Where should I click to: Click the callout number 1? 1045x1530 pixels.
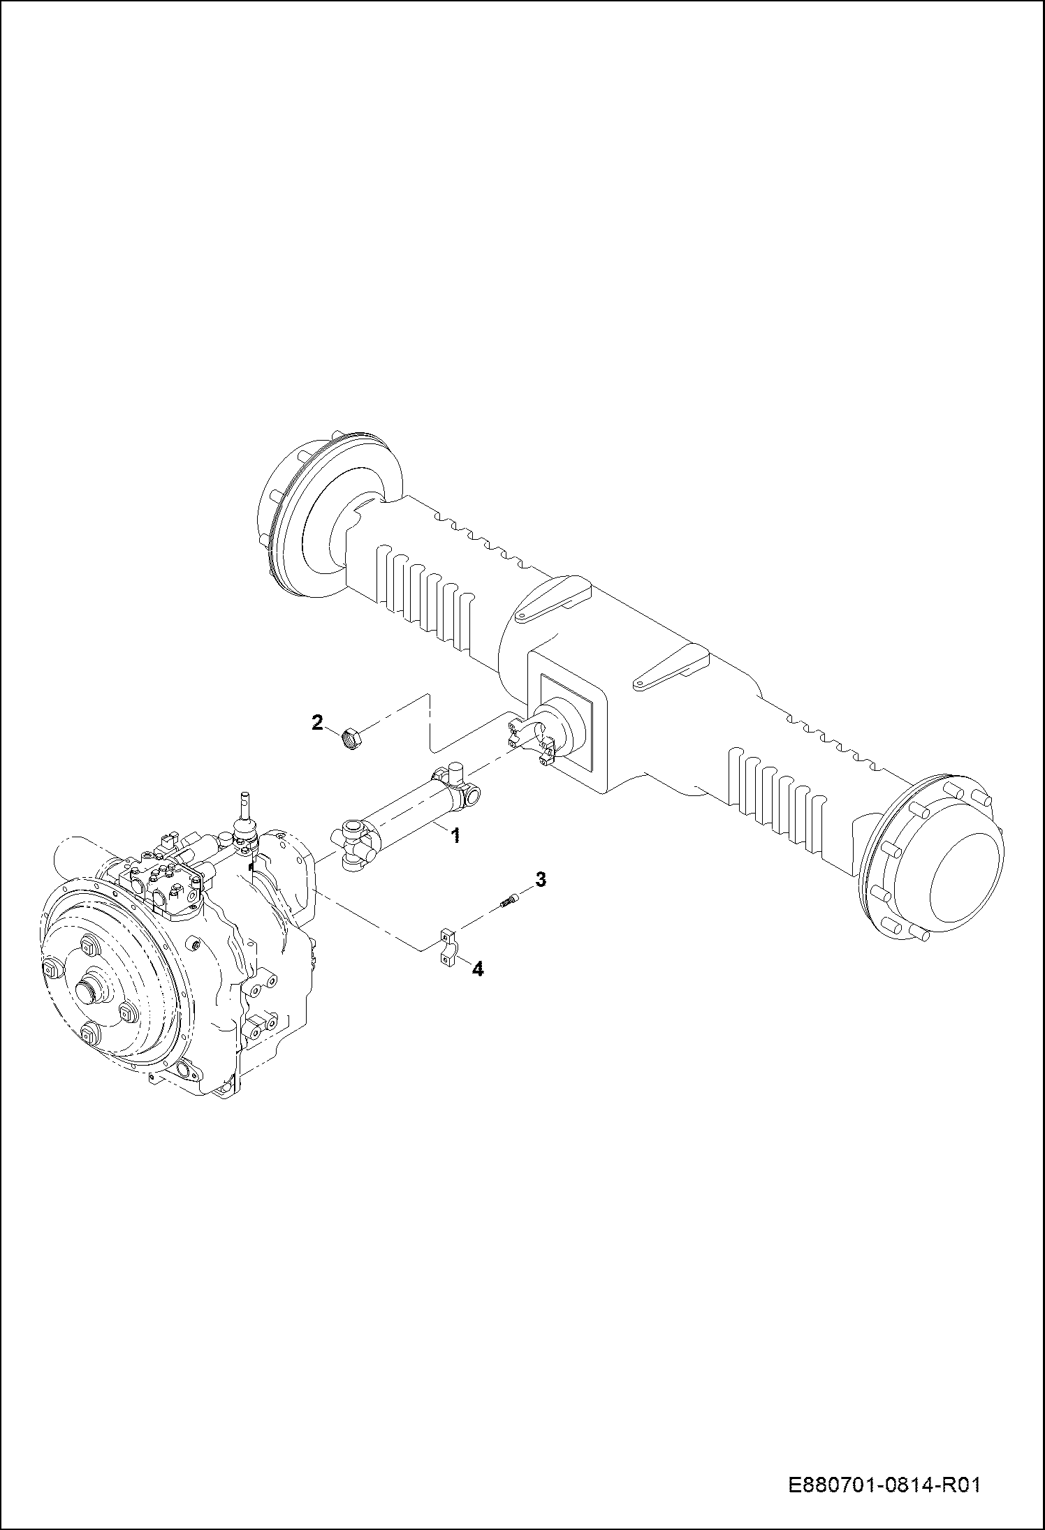pos(455,835)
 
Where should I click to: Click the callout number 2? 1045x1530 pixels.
pos(317,722)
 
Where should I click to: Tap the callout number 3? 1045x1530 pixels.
pos(540,880)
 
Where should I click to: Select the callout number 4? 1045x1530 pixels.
pos(478,969)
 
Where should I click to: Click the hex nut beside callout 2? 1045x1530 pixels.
pos(351,737)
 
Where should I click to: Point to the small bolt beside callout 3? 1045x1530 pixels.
pos(510,902)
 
